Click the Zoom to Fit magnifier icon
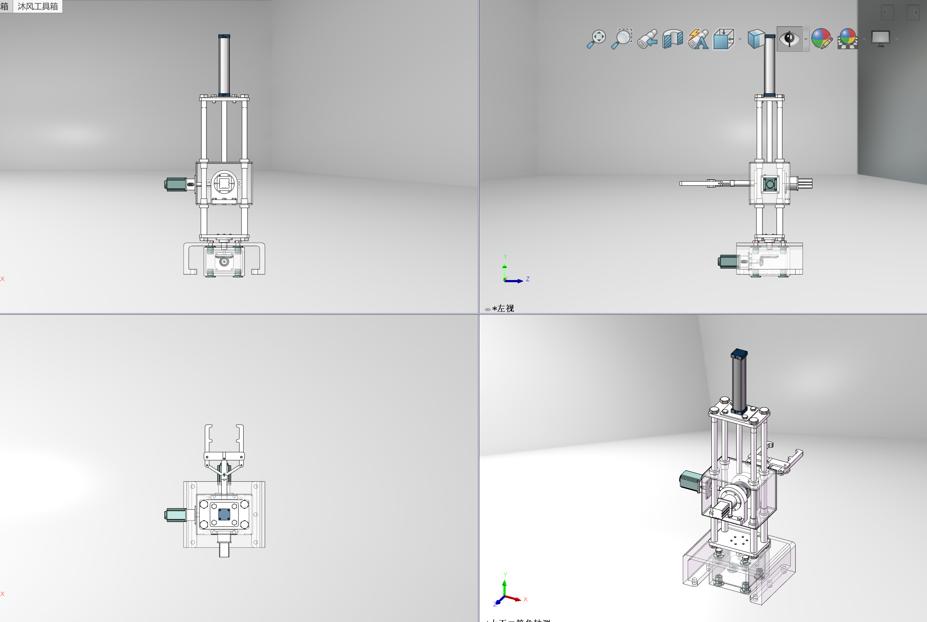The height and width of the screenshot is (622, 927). [x=596, y=39]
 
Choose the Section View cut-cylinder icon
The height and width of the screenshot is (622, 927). [x=673, y=39]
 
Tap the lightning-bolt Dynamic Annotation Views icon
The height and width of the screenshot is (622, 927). [x=698, y=39]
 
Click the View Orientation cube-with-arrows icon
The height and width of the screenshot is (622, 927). [x=723, y=39]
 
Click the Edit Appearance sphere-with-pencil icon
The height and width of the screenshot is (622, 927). [x=822, y=39]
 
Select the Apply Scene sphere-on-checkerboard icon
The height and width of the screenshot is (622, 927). [x=847, y=39]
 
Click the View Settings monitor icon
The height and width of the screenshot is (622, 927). [x=880, y=39]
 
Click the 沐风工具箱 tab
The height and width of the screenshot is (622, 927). [x=38, y=6]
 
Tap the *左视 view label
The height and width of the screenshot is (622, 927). [x=503, y=308]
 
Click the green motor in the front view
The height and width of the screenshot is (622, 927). [x=175, y=184]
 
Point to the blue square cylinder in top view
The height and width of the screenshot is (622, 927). [x=224, y=514]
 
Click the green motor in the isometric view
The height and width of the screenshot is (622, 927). [x=690, y=481]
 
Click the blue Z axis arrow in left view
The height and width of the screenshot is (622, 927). [x=518, y=281]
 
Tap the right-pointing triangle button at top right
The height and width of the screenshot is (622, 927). [x=913, y=13]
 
